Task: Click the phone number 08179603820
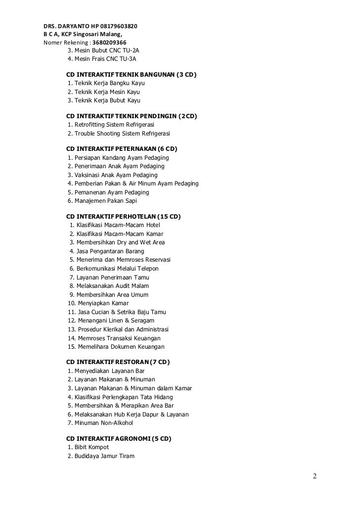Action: pos(118,26)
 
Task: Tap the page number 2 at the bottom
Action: pos(315,476)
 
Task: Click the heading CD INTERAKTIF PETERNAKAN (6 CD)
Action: pos(122,149)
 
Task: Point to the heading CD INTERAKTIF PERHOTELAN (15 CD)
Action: pos(124,217)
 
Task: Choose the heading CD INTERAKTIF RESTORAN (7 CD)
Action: pos(118,362)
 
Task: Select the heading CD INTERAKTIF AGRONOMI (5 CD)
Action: pos(119,439)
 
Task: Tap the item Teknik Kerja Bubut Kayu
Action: pos(104,100)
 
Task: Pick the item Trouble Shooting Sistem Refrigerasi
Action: pos(119,134)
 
